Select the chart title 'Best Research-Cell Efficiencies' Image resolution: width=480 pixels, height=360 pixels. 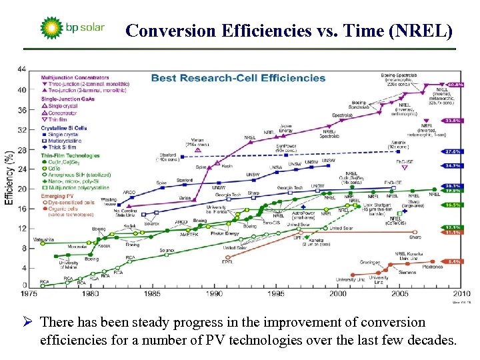tap(238, 77)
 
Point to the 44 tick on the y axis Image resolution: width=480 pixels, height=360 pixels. tap(22, 69)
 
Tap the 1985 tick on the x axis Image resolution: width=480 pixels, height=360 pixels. tap(152, 293)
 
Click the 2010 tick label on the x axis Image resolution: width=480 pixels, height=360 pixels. tap(461, 293)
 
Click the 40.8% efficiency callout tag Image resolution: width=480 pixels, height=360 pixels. tap(455, 85)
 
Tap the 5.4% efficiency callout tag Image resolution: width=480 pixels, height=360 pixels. tap(455, 261)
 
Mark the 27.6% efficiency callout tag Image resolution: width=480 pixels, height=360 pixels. tap(455, 152)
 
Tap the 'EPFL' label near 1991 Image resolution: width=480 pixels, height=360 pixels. tap(227, 262)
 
